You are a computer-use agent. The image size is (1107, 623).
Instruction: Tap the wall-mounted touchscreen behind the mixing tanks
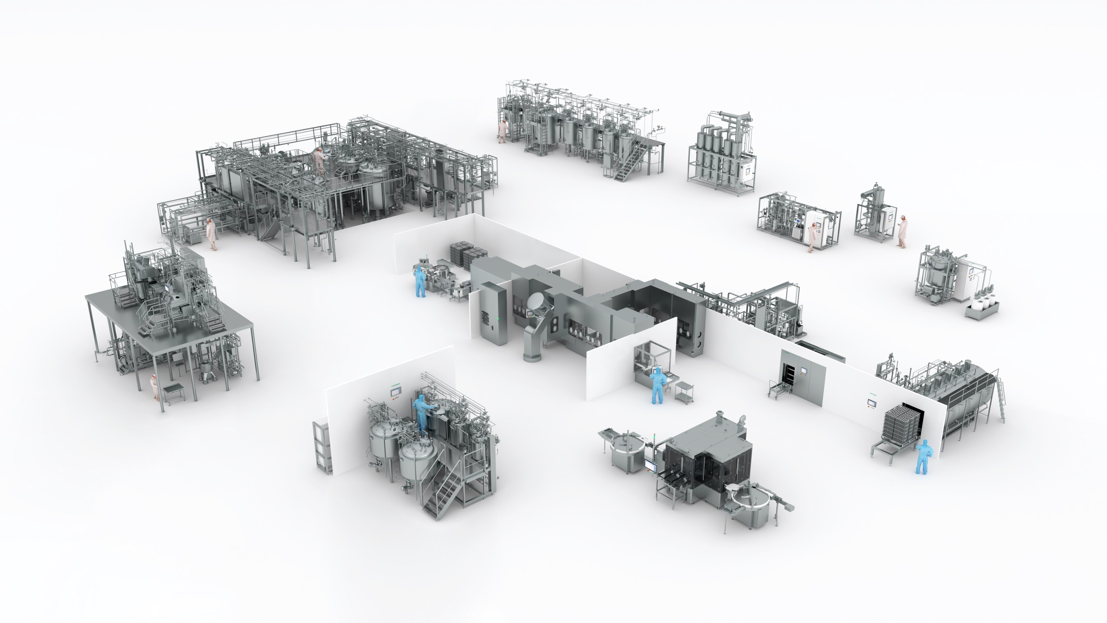point(396,390)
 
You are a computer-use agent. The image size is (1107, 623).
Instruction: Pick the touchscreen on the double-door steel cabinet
point(803,370)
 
